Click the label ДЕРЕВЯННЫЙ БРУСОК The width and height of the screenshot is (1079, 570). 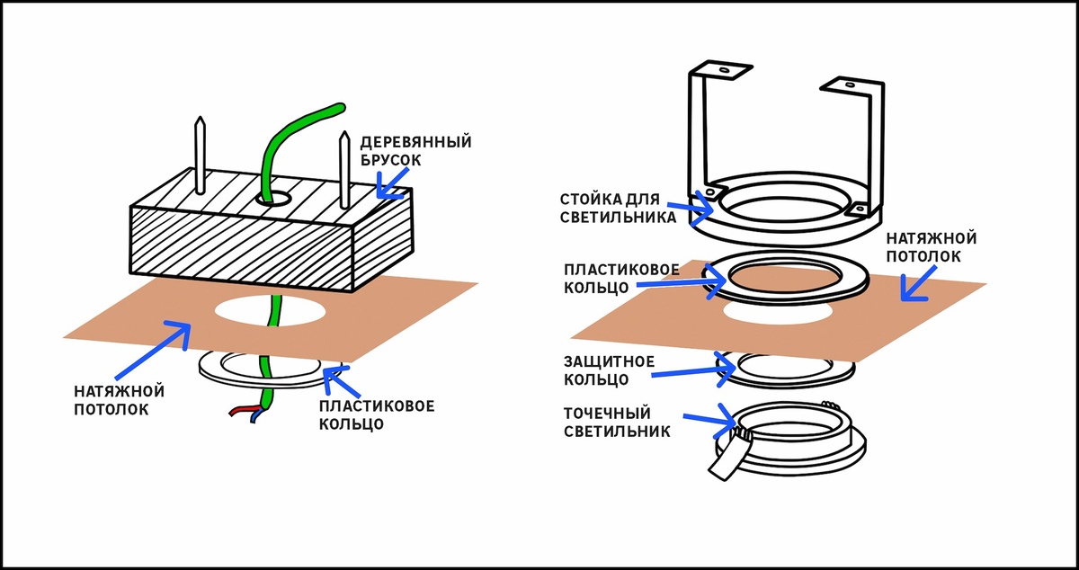pyautogui.click(x=415, y=151)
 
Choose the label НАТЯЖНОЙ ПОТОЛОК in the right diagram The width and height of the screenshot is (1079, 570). pyautogui.click(x=931, y=247)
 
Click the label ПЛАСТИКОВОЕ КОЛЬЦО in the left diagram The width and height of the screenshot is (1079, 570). pyautogui.click(x=377, y=414)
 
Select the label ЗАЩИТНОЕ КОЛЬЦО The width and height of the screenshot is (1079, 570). pyautogui.click(x=607, y=370)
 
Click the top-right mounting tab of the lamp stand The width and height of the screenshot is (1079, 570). pyautogui.click(x=851, y=85)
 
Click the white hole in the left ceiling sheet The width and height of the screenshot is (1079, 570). pyautogui.click(x=269, y=309)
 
